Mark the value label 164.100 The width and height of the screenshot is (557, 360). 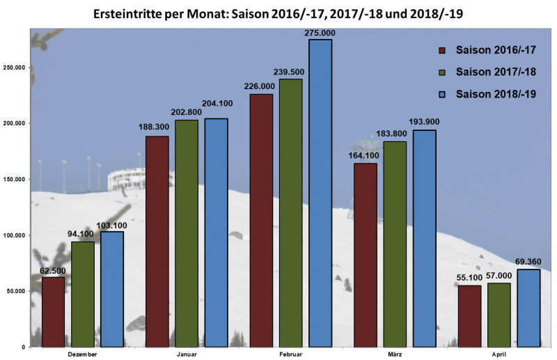coord(366,155)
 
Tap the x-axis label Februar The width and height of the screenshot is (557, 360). coord(291,354)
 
